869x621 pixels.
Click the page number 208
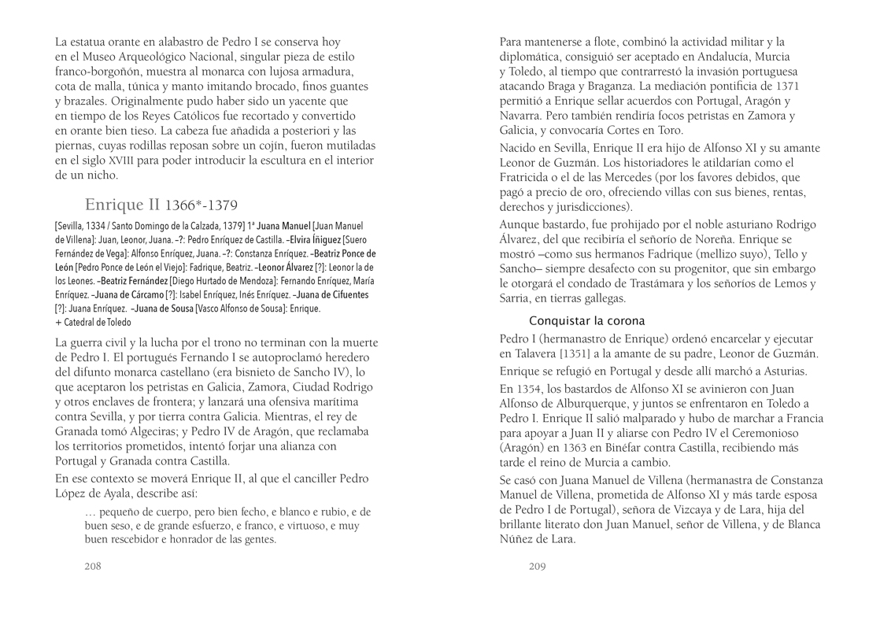coord(93,565)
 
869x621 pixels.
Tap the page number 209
coord(538,565)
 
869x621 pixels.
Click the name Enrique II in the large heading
coord(122,205)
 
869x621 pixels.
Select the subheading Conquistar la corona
coord(586,321)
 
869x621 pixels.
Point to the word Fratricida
coord(527,178)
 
